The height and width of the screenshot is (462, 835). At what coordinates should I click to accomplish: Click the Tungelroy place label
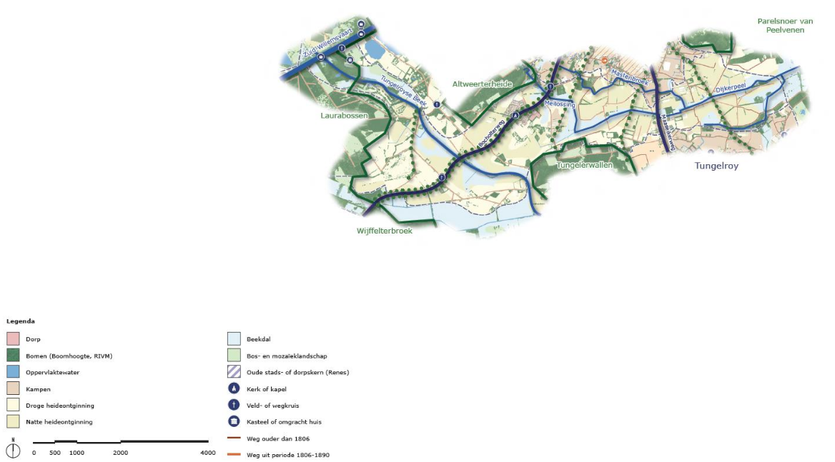pyautogui.click(x=716, y=166)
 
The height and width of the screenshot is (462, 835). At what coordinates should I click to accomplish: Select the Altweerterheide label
pyautogui.click(x=483, y=84)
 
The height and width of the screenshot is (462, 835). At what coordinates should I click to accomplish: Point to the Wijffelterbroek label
pyautogui.click(x=385, y=231)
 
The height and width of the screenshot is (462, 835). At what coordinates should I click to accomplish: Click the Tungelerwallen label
pyautogui.click(x=584, y=165)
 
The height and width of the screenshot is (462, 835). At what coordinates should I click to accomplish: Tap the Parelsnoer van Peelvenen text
pyautogui.click(x=785, y=26)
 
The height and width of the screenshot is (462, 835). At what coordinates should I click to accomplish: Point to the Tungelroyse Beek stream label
pyautogui.click(x=404, y=91)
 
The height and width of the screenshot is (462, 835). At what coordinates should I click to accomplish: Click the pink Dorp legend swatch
pyautogui.click(x=13, y=339)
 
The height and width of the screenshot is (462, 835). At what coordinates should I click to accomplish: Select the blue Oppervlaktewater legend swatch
pyautogui.click(x=13, y=372)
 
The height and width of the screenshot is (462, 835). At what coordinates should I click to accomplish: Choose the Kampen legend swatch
pyautogui.click(x=13, y=388)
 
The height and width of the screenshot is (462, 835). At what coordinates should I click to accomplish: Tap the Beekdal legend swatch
pyautogui.click(x=233, y=339)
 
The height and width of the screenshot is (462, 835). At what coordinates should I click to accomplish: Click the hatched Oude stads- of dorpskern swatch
pyautogui.click(x=233, y=372)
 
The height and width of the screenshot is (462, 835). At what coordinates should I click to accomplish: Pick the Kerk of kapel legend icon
pyautogui.click(x=233, y=388)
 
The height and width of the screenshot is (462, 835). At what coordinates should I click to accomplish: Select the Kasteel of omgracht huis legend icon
pyautogui.click(x=233, y=421)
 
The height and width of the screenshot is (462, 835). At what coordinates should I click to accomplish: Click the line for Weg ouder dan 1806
pyautogui.click(x=233, y=438)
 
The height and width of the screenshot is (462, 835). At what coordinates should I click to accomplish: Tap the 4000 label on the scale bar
pyautogui.click(x=207, y=453)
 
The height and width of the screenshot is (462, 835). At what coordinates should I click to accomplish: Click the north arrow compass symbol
pyautogui.click(x=13, y=450)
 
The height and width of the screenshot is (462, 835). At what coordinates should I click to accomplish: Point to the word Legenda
pyautogui.click(x=21, y=321)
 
